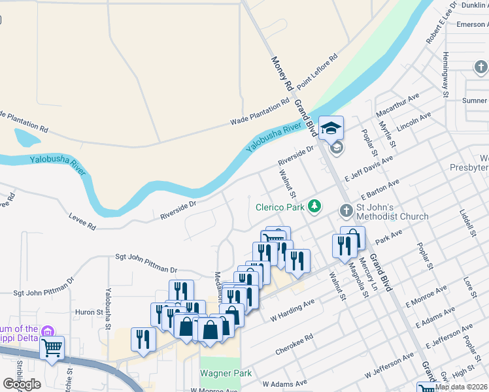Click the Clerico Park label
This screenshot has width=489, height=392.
(x=280, y=207)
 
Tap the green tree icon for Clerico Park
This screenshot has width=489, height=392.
(x=316, y=206)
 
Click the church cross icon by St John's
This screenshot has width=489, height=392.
(x=346, y=211)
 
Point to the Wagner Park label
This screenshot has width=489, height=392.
(x=220, y=373)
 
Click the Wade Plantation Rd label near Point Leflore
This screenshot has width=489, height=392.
(x=260, y=112)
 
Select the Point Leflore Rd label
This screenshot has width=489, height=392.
(x=317, y=73)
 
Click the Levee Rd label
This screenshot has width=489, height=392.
(x=83, y=221)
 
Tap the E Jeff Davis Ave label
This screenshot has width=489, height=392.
(x=369, y=168)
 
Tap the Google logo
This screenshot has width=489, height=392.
(x=21, y=384)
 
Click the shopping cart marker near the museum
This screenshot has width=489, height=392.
(x=52, y=348)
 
